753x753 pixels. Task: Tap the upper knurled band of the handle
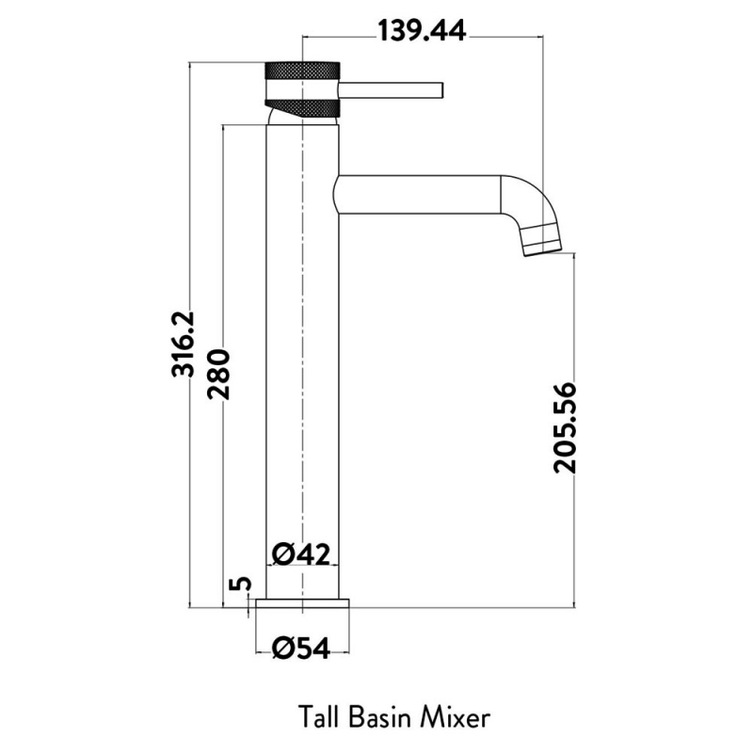(301, 72)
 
